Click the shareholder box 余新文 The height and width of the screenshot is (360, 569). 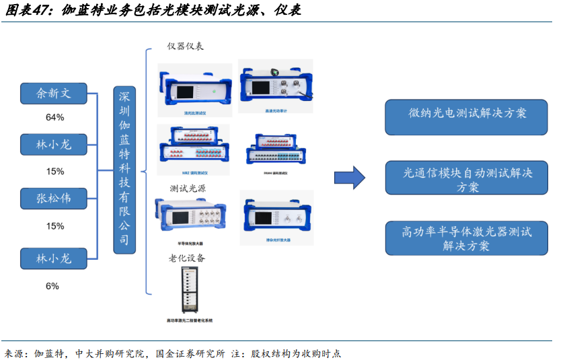pyautogui.click(x=54, y=94)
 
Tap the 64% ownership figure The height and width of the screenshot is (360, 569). pyautogui.click(x=55, y=118)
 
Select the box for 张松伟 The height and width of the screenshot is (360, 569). pyautogui.click(x=54, y=199)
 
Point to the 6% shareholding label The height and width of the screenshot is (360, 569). pyautogui.click(x=52, y=286)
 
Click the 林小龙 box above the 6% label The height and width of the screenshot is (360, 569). pyautogui.click(x=54, y=258)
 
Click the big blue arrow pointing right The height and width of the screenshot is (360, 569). pyautogui.click(x=350, y=177)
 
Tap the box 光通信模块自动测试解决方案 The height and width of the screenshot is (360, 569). pyautogui.click(x=466, y=178)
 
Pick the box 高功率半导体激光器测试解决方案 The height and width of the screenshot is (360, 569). pyautogui.click(x=466, y=238)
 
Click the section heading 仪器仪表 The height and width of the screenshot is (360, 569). pyautogui.click(x=185, y=46)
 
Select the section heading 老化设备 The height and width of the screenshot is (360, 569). pyautogui.click(x=186, y=258)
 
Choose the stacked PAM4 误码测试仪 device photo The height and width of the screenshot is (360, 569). pyautogui.click(x=276, y=152)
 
